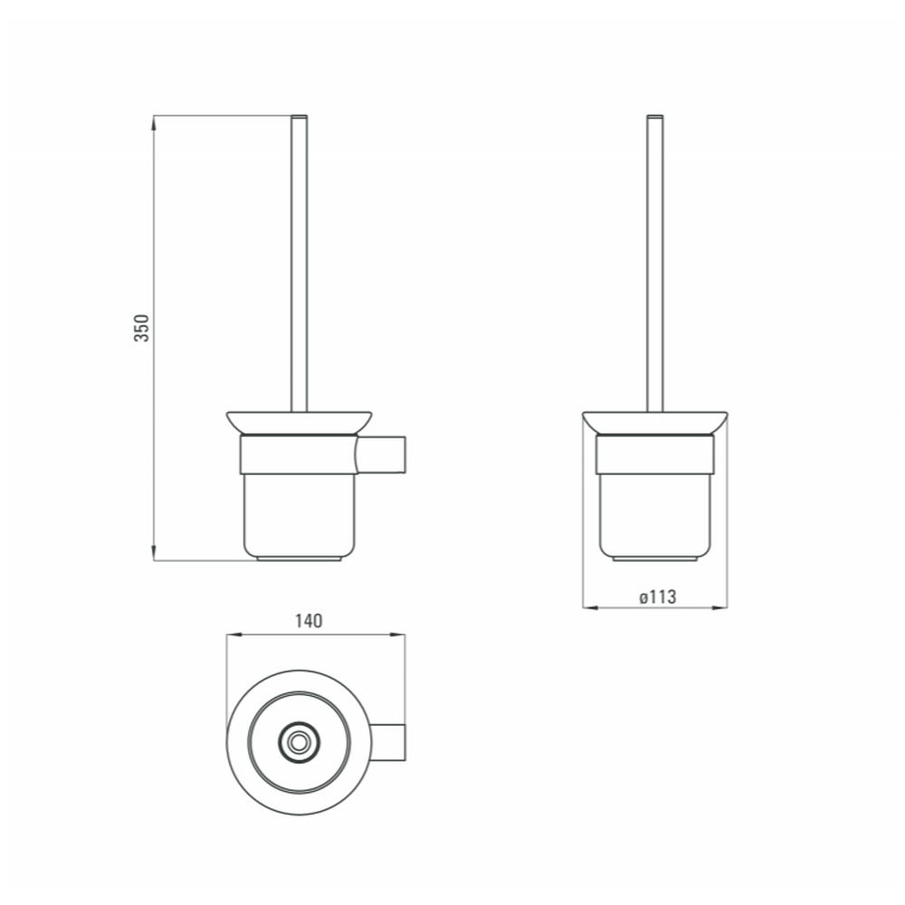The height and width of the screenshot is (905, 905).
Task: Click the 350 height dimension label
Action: point(141,328)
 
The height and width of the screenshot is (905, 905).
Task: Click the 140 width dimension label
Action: point(309,621)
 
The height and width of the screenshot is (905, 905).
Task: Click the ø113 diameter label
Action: point(657,596)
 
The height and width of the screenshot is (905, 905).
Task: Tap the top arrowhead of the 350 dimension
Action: point(154,123)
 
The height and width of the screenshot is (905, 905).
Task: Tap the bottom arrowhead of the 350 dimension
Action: point(154,552)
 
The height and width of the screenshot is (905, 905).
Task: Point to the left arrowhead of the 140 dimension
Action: point(234,635)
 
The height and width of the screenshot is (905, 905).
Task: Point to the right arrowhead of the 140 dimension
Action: point(397,635)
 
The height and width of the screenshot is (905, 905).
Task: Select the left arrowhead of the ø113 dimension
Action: point(590,607)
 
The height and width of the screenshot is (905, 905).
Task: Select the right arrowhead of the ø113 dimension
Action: point(719,607)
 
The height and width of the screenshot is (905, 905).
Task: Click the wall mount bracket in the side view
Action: point(381,455)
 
